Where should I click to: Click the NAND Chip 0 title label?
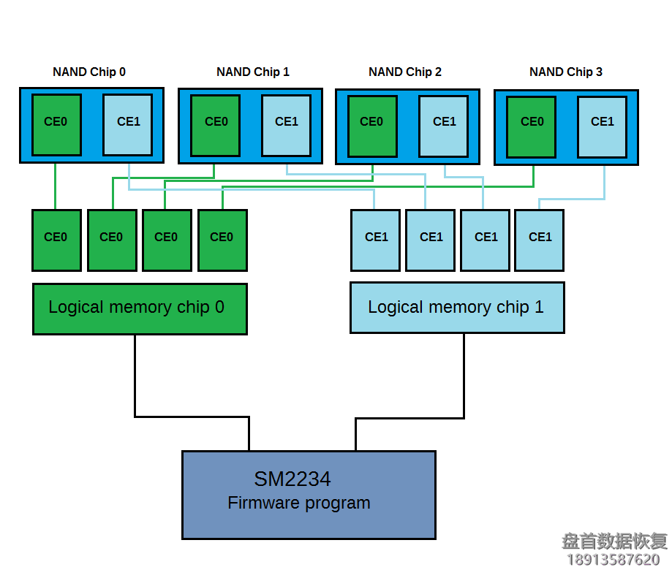pos(89,72)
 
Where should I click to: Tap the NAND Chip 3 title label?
pos(566,72)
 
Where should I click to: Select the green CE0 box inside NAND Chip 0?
pos(56,124)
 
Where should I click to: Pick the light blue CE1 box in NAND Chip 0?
pos(128,124)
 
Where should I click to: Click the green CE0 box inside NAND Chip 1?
pos(216,124)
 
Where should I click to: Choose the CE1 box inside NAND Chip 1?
pos(287,124)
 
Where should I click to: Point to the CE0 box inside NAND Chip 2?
pos(372,124)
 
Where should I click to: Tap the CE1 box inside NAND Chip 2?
pos(444,124)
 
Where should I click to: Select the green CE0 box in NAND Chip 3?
pos(532,126)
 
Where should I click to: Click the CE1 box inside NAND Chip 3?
pos(602,126)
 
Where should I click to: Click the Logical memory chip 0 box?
pos(140,308)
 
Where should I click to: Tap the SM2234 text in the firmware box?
pos(292,479)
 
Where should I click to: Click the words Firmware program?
pos(299,503)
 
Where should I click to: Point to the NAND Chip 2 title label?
pos(405,72)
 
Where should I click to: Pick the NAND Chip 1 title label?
pos(253,72)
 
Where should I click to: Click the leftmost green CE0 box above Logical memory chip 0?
pos(56,240)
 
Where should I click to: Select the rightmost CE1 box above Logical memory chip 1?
pos(540,240)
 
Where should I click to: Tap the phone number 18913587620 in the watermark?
pos(614,560)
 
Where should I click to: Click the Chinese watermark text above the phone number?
pos(614,541)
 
